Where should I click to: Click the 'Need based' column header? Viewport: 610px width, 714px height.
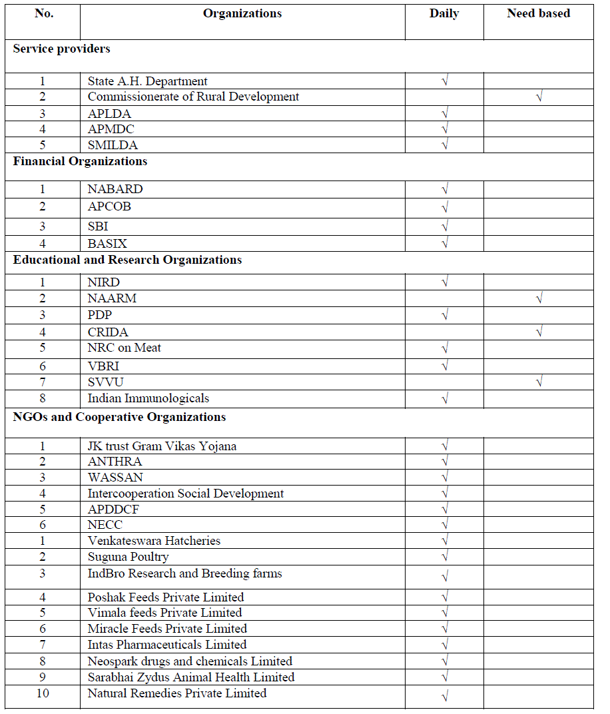coord(538,13)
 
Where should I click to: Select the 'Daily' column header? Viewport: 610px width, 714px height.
coord(444,13)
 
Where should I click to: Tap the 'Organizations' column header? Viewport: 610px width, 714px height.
coord(242,13)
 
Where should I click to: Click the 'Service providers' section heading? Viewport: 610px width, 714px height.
coord(62,49)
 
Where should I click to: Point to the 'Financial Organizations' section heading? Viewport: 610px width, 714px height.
coord(80,161)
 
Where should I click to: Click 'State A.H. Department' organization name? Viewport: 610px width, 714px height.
coord(147,81)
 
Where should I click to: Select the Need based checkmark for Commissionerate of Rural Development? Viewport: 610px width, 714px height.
coord(539,97)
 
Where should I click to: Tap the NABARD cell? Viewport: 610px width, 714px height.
coord(115,189)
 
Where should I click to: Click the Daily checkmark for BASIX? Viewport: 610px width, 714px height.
coord(444,244)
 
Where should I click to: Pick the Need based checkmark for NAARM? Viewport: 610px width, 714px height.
coord(539,299)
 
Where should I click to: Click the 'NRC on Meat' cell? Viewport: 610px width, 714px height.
coord(124,348)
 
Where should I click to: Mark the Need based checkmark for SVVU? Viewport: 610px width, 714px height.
coord(539,382)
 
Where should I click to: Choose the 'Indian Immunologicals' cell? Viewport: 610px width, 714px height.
coord(148,398)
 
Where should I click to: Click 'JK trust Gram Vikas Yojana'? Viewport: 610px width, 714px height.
coord(162,446)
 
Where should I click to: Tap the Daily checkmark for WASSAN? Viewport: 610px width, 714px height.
coord(444,478)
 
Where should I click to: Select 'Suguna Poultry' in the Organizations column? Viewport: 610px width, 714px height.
coord(128,557)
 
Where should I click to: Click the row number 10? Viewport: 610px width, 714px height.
coord(43,693)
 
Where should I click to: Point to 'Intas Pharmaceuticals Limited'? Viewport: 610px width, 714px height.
coord(166,645)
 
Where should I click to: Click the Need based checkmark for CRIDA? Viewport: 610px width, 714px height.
coord(539,332)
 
